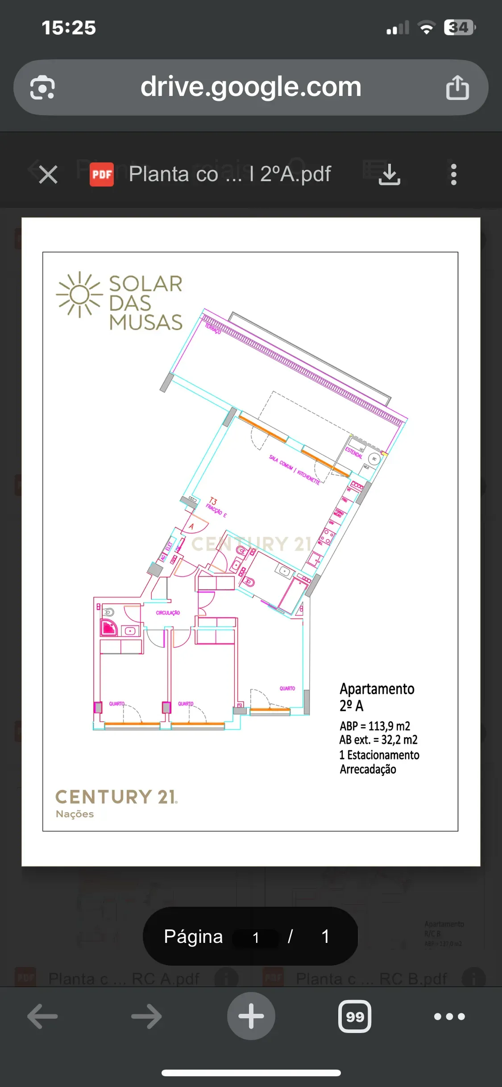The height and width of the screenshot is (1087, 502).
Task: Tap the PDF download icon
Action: tap(389, 174)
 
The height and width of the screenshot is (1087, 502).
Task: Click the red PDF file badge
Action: tap(102, 174)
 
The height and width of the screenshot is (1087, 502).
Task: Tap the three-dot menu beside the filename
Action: tap(453, 174)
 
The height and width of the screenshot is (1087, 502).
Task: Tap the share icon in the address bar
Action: tap(457, 87)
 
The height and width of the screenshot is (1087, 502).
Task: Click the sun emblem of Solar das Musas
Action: tap(79, 295)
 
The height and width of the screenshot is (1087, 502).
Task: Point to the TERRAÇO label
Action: tap(213, 329)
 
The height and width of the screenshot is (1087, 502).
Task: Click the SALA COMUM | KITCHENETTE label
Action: tap(294, 470)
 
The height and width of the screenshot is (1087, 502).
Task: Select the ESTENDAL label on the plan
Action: tap(354, 452)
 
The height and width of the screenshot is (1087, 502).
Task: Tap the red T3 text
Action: tap(213, 501)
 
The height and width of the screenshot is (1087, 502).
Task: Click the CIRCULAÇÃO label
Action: tap(168, 613)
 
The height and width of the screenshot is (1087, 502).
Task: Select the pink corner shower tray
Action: tap(109, 628)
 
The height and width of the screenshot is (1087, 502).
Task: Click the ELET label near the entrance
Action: tap(169, 546)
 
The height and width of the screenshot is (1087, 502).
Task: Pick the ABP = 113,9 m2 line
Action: tap(374, 726)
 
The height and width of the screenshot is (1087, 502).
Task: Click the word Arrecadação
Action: tap(368, 769)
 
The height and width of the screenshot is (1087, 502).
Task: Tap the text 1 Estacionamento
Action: tap(379, 755)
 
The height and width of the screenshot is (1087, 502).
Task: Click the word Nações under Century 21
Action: tap(75, 814)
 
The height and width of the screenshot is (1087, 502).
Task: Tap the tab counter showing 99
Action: tap(355, 1016)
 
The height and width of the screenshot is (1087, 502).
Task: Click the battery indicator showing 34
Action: tap(459, 28)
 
